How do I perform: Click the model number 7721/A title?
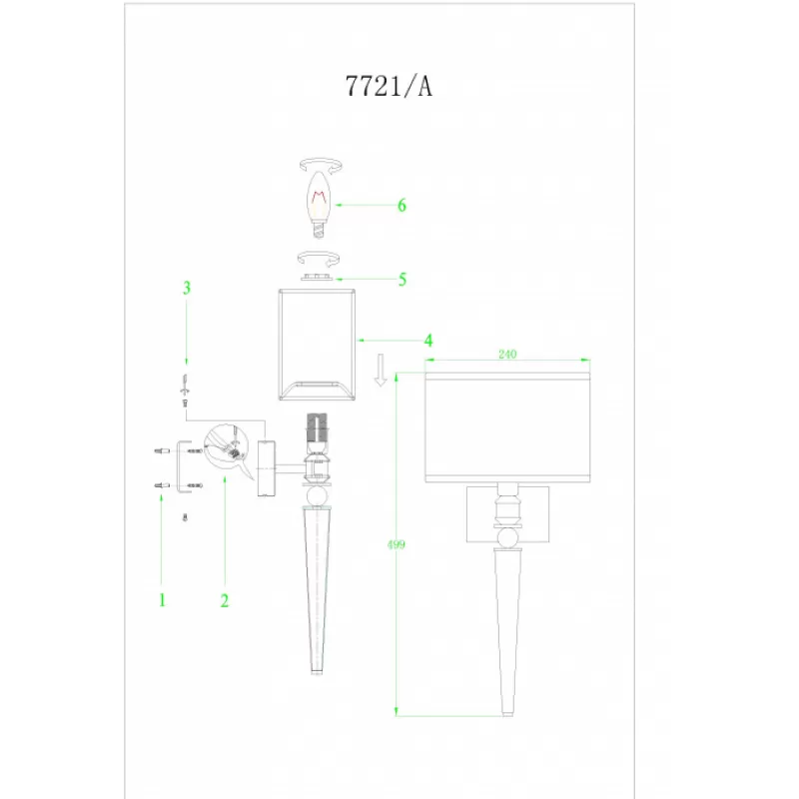[x=389, y=86]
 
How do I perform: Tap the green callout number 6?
[x=402, y=206]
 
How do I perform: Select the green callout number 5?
[x=402, y=280]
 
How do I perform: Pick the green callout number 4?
[x=428, y=341]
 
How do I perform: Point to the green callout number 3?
[x=187, y=288]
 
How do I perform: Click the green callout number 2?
[x=225, y=601]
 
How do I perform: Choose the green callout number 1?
[x=163, y=600]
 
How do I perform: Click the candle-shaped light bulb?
[x=319, y=204]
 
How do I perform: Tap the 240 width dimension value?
[x=507, y=355]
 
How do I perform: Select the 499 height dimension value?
[x=396, y=544]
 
